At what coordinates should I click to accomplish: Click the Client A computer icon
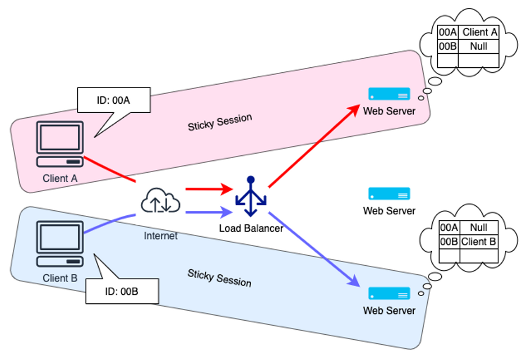60,144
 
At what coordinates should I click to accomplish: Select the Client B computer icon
60,244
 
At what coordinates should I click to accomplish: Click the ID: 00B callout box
122,291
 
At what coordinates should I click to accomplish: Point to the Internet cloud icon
161,202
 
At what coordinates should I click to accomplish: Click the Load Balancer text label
251,228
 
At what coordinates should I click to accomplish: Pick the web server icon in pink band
389,94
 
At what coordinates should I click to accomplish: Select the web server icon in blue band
389,294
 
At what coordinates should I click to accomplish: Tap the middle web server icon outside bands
389,194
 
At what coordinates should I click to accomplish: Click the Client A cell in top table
479,33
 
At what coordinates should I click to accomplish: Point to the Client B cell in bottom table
479,242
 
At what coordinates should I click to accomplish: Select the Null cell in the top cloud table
479,47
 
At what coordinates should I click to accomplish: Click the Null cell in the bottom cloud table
479,228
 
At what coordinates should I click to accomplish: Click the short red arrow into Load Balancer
208,189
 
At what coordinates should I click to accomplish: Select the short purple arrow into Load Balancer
208,212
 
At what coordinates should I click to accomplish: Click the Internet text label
160,236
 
